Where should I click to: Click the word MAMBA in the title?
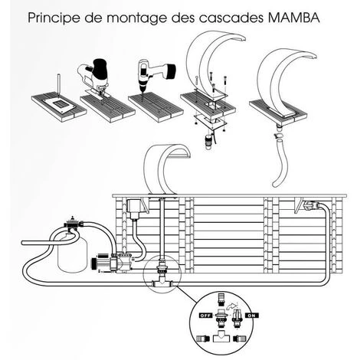click(x=294, y=18)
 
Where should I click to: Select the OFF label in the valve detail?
click(x=206, y=316)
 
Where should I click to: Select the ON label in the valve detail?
click(x=252, y=316)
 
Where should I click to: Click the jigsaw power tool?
click(x=93, y=76)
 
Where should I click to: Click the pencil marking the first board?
click(x=59, y=85)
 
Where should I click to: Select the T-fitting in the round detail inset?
click(x=221, y=338)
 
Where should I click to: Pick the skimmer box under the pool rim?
click(x=134, y=208)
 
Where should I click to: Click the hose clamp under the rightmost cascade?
click(x=280, y=136)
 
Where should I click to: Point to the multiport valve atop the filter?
click(x=74, y=224)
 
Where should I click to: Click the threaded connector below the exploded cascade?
click(x=208, y=141)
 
